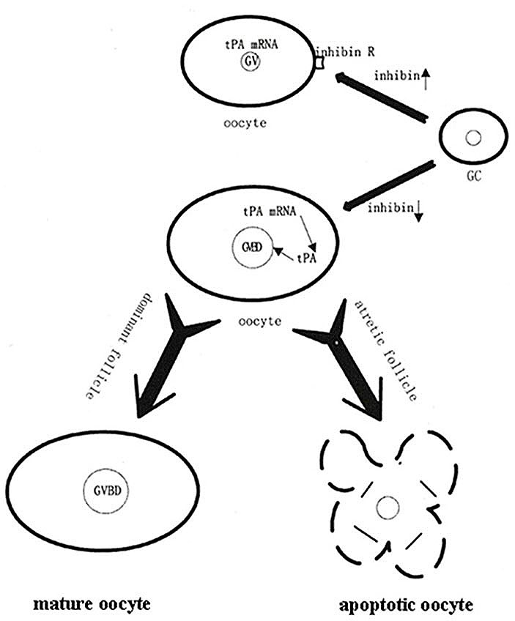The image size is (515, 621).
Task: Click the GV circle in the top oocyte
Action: tap(251, 63)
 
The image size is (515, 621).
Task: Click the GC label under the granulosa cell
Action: tap(473, 176)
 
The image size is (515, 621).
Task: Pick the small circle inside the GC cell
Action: tap(473, 137)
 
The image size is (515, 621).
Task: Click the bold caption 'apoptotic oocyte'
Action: tap(407, 605)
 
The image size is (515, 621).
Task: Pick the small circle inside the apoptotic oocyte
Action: tap(387, 506)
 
